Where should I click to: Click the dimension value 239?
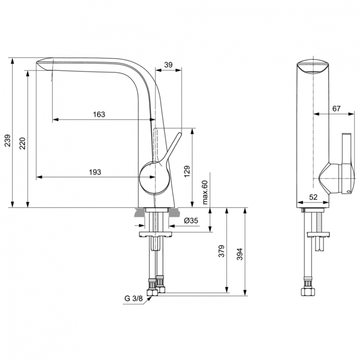(x=7, y=140)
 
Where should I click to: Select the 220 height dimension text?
(x=23, y=144)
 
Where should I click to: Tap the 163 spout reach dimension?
(x=98, y=114)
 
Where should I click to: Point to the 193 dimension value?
(x=95, y=172)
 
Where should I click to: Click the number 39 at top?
(x=168, y=64)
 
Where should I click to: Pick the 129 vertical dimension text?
(x=187, y=171)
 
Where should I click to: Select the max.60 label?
(x=204, y=192)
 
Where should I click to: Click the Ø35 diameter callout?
(x=192, y=221)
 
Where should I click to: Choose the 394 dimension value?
(x=240, y=252)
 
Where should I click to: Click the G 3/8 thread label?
(x=134, y=299)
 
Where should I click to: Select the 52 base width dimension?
(x=313, y=197)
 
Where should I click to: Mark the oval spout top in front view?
(x=312, y=67)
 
